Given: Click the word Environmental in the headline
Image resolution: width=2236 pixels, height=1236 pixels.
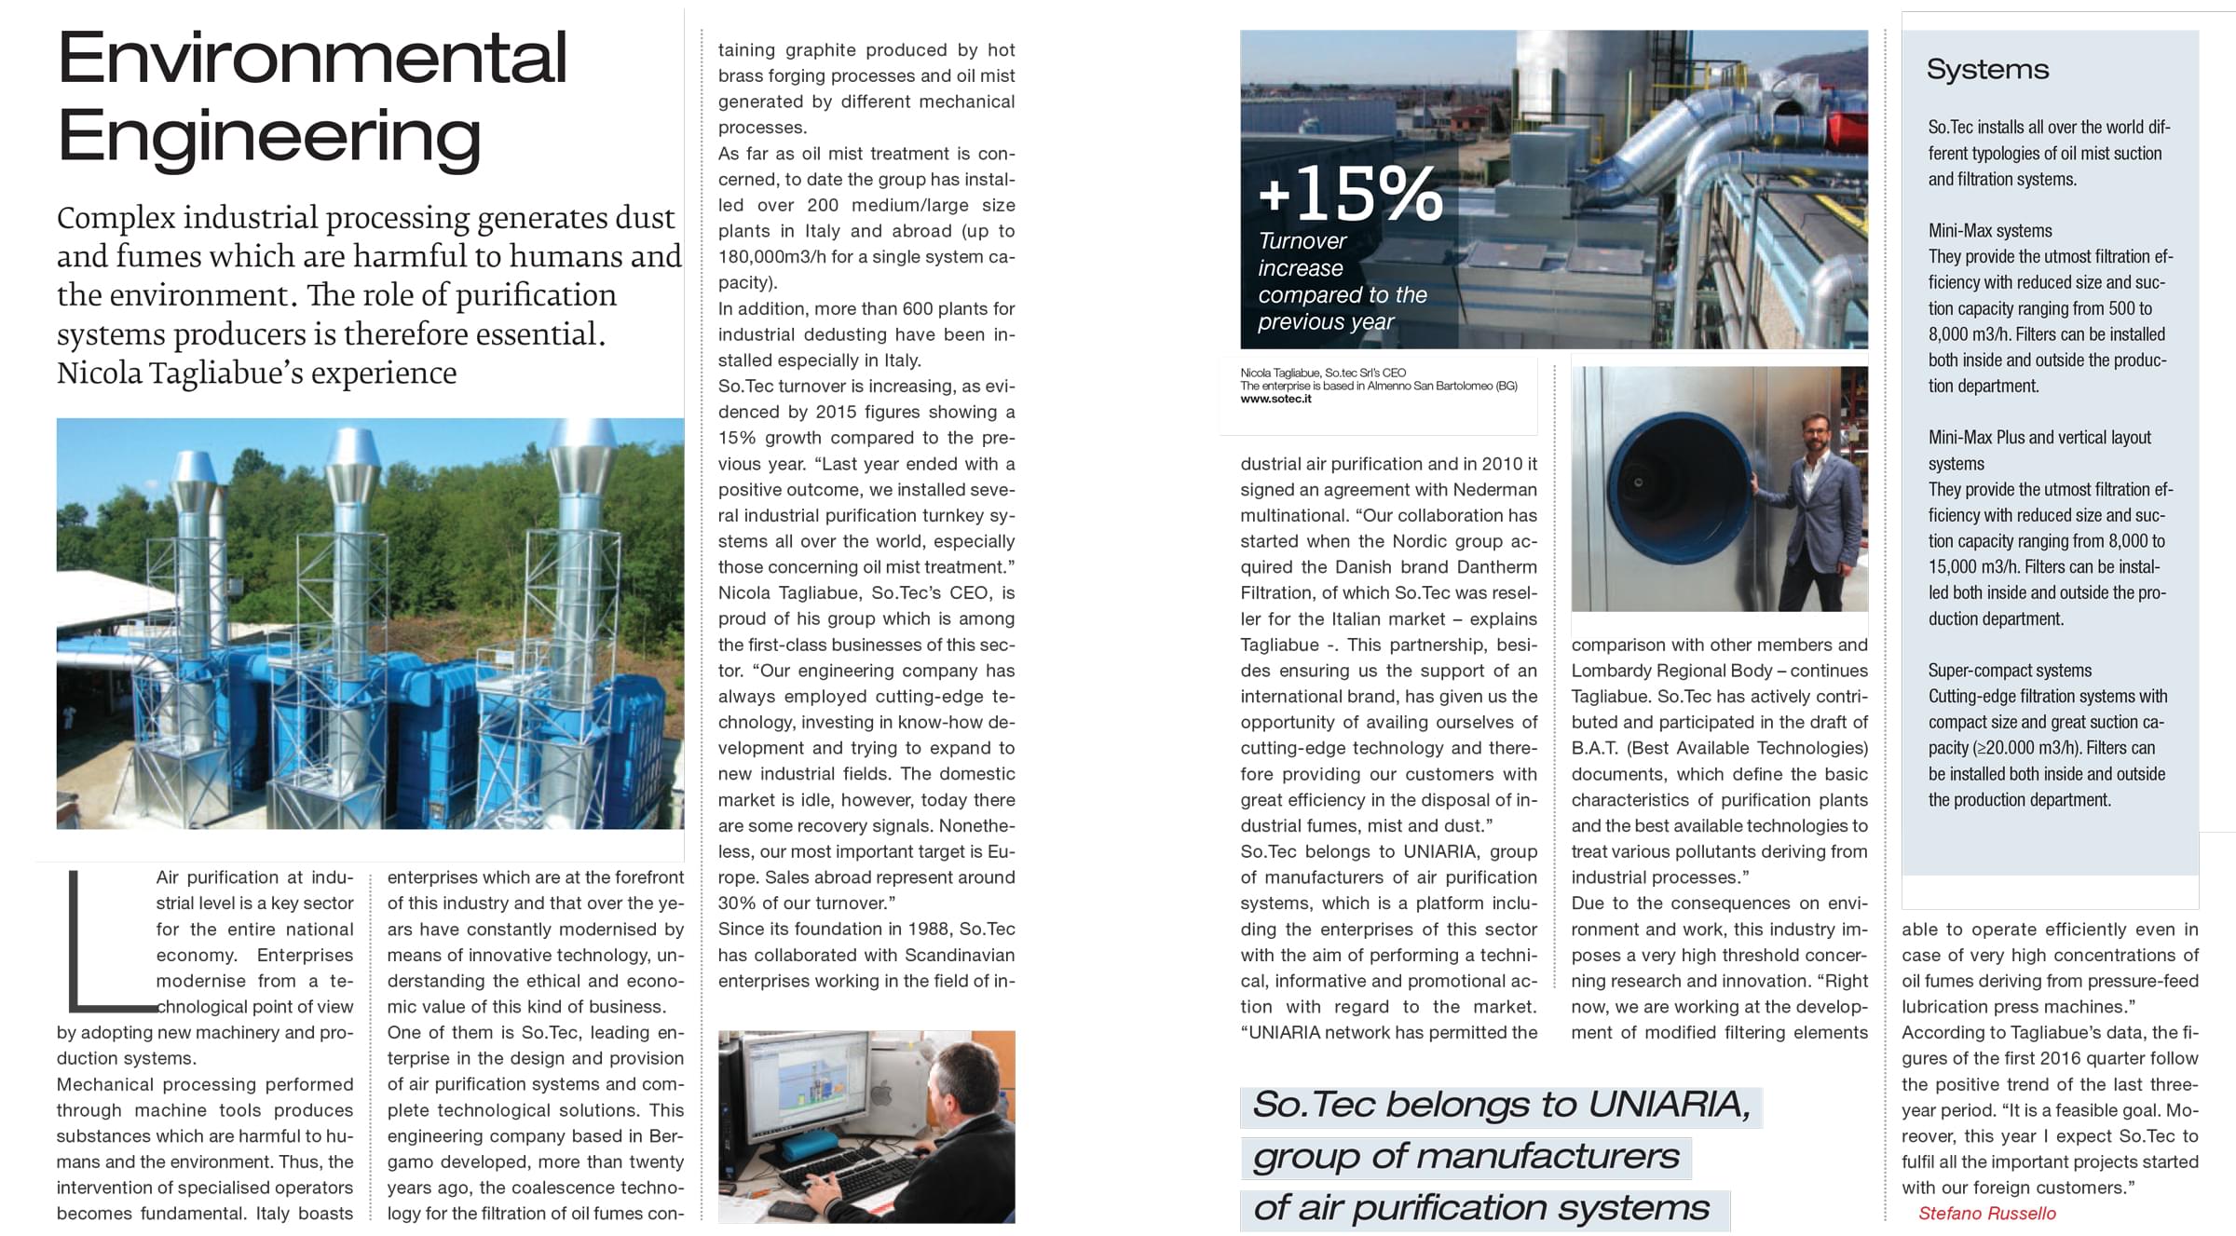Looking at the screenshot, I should coord(312,58).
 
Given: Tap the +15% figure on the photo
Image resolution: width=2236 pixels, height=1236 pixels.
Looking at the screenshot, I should coord(1350,195).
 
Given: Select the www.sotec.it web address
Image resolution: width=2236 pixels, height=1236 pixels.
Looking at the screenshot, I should coord(1275,399).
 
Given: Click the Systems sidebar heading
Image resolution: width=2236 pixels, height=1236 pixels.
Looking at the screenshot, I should coord(1987,70).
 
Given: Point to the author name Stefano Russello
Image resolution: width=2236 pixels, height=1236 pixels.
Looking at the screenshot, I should coord(1986,1213).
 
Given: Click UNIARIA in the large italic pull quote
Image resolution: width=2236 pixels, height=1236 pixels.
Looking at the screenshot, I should coord(1668,1105).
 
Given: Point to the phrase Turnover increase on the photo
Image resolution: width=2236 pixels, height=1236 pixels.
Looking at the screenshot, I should coord(1302,254).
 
